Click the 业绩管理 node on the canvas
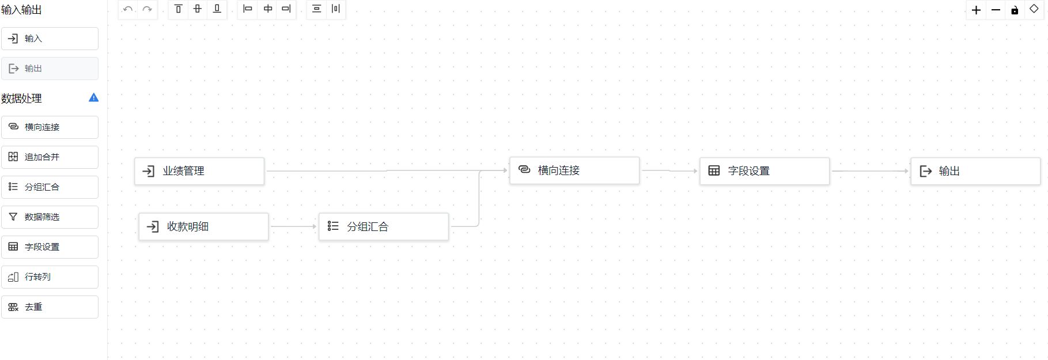(x=199, y=171)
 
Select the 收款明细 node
(x=203, y=226)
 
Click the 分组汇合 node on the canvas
(x=383, y=226)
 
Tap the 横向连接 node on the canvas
(x=574, y=170)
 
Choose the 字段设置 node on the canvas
(x=764, y=171)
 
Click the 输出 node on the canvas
(x=975, y=171)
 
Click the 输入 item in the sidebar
(x=50, y=39)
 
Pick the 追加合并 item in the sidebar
(x=50, y=157)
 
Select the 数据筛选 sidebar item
(x=50, y=217)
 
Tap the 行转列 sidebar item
(x=50, y=277)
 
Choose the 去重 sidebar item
(x=50, y=307)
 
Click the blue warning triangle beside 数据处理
(x=93, y=98)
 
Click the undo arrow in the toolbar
(x=128, y=9)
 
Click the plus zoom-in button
(x=976, y=10)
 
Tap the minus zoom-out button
(x=996, y=10)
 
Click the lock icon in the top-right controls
(x=1015, y=10)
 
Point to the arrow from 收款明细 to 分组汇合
(x=293, y=226)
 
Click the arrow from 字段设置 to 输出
(x=870, y=171)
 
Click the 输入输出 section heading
(x=21, y=10)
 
